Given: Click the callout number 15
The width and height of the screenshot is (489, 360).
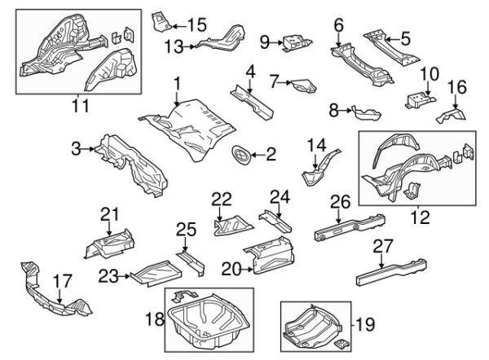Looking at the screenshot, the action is click(196, 24).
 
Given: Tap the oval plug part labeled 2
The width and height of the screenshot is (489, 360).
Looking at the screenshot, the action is click(241, 155).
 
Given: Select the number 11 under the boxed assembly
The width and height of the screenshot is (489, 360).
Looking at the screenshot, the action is click(81, 106).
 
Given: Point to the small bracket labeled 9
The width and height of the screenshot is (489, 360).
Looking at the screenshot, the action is click(297, 43).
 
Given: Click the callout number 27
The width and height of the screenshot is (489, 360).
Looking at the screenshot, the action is click(383, 247).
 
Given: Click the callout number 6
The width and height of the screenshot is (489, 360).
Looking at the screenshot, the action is click(339, 25).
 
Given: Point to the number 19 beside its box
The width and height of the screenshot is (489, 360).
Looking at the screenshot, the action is click(365, 324).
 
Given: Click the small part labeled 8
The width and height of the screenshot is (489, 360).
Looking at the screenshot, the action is click(366, 112).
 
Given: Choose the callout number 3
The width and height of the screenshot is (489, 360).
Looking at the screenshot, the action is click(76, 149).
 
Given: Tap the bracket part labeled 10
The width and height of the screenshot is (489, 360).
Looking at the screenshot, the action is click(420, 100).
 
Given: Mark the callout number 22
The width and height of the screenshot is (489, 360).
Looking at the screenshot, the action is click(222, 200).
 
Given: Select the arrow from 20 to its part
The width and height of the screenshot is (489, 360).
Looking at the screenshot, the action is click(247, 270).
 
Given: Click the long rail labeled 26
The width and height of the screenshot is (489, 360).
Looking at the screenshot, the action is click(350, 227).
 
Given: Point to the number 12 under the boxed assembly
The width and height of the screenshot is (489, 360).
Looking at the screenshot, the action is click(421, 217).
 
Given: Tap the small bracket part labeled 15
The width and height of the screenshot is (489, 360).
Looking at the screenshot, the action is click(161, 22).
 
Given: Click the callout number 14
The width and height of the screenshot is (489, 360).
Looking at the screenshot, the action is click(316, 146).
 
